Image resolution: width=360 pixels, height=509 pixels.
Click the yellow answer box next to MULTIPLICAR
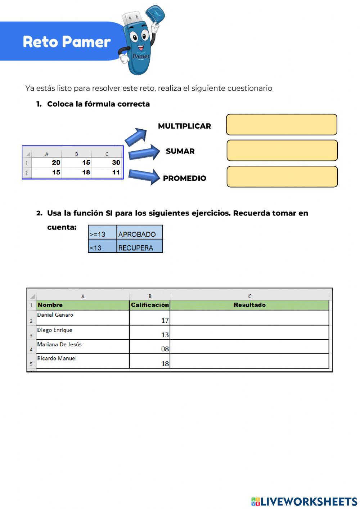point(282,125)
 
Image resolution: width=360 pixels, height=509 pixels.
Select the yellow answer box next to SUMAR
point(282,151)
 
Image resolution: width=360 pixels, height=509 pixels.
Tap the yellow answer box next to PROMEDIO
point(282,177)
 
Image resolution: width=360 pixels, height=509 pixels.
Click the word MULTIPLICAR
point(184,126)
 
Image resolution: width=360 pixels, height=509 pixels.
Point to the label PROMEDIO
point(184,178)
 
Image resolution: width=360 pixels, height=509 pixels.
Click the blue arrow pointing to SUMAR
point(144,152)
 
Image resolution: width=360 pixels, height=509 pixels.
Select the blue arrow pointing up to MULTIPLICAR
point(136,137)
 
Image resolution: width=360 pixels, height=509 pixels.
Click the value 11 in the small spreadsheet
point(116,173)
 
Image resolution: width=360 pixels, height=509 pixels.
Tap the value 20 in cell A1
point(56,163)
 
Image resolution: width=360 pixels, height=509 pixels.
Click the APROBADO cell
point(139,234)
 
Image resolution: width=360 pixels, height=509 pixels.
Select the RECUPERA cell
point(139,248)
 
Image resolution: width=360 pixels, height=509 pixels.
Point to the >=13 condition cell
point(102,234)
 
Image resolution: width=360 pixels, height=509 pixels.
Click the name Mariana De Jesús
point(59,345)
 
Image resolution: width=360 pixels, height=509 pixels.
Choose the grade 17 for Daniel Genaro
point(165,320)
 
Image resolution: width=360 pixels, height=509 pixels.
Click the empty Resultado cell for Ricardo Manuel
point(249,361)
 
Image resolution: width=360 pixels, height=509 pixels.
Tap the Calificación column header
point(150,305)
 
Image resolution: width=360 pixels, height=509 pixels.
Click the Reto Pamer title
point(67,42)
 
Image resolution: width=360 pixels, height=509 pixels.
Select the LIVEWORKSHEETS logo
point(304,501)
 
